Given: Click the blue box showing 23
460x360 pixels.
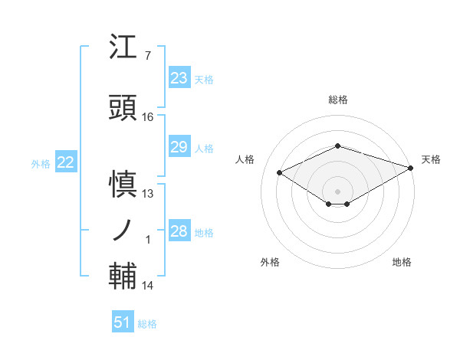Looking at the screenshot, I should point(179,78).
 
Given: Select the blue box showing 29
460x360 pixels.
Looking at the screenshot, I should point(179,147).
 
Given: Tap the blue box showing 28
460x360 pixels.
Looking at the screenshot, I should point(179,231).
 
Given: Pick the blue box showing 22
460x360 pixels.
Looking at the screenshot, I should point(65,162).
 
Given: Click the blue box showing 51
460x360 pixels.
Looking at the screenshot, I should point(123,322).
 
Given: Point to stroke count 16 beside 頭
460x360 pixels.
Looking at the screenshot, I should point(148,117).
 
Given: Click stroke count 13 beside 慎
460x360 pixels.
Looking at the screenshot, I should point(148,194).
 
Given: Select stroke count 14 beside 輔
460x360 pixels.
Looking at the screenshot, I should point(148,286).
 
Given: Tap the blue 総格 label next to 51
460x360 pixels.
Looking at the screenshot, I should point(147,324).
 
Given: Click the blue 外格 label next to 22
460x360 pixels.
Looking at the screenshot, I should point(41,163).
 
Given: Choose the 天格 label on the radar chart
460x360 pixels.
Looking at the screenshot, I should point(431,159).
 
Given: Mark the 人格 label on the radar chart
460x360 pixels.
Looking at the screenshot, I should point(245,159).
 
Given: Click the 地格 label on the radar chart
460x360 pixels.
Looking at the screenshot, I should point(402,262).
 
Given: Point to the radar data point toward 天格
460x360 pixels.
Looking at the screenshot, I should point(412,169).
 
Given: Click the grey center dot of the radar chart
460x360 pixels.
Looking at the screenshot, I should point(337,191).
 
